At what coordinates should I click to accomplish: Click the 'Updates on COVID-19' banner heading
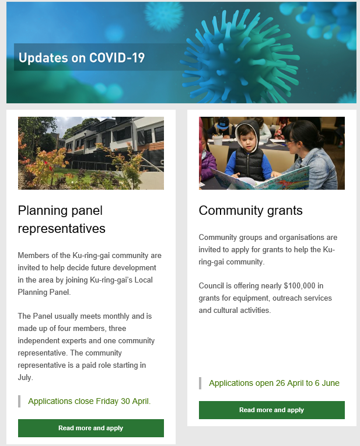click(x=82, y=57)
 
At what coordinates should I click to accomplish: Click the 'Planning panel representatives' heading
click(x=61, y=219)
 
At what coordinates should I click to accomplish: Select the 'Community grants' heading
click(x=250, y=211)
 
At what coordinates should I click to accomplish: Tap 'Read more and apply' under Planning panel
click(x=91, y=428)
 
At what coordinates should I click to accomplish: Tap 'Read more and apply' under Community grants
click(x=272, y=410)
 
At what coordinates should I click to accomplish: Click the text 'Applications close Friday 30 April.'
click(x=89, y=401)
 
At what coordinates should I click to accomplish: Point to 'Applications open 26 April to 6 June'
click(x=274, y=383)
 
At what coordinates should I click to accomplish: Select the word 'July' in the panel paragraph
click(x=25, y=378)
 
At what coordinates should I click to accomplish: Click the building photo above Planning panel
click(x=91, y=153)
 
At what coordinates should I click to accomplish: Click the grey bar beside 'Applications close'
click(x=19, y=401)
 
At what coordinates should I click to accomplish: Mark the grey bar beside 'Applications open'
click(x=200, y=383)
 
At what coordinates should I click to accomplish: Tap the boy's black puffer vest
click(x=249, y=162)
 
